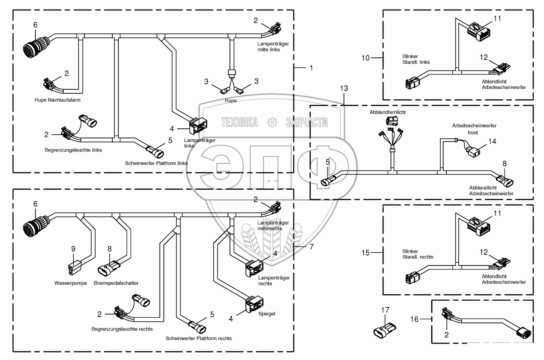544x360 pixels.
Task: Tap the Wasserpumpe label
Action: pyautogui.click(x=71, y=283)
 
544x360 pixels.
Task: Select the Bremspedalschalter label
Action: pyautogui.click(x=116, y=283)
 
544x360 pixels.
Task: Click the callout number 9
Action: pyautogui.click(x=73, y=249)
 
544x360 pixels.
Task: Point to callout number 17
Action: pyautogui.click(x=385, y=310)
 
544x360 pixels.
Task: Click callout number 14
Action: pyautogui.click(x=493, y=141)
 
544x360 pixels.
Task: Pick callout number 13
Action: pyautogui.click(x=344, y=88)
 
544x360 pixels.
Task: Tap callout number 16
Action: pyautogui.click(x=415, y=319)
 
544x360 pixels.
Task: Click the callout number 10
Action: pyautogui.click(x=366, y=58)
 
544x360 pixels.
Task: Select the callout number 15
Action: pyautogui.click(x=366, y=253)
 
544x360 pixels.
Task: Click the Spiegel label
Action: pyautogui.click(x=267, y=314)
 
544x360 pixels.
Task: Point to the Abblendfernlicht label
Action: pyautogui.click(x=387, y=112)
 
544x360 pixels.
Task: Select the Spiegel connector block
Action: pyautogui.click(x=253, y=304)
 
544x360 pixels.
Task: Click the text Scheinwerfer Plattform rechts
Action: pyautogui.click(x=198, y=338)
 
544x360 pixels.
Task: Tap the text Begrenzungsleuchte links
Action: pyautogui.click(x=73, y=150)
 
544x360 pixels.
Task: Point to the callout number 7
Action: pyautogui.click(x=311, y=247)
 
